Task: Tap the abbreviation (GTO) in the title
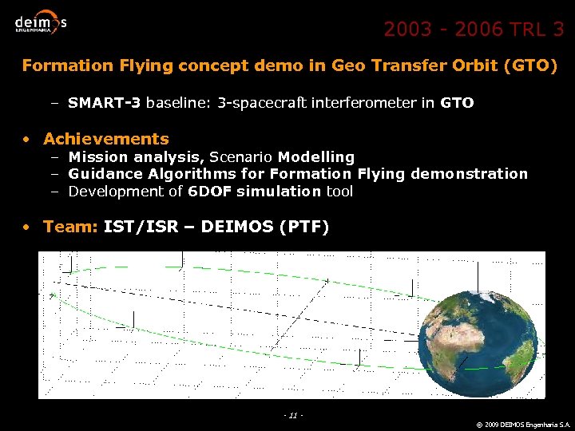tap(530, 65)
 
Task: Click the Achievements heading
tap(106, 139)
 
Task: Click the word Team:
tap(70, 227)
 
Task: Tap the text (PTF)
tap(303, 227)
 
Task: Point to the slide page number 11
tap(293, 416)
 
